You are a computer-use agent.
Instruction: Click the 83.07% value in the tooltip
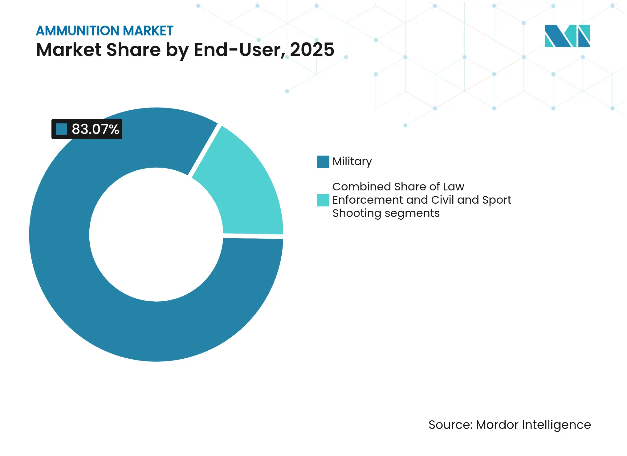pyautogui.click(x=95, y=129)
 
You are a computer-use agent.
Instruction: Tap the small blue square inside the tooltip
pyautogui.click(x=61, y=129)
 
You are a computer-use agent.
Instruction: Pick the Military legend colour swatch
pyautogui.click(x=323, y=161)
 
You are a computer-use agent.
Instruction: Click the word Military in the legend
pyautogui.click(x=352, y=161)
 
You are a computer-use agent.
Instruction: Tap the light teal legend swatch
pyautogui.click(x=323, y=200)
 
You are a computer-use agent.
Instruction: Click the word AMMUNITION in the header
pyautogui.click(x=78, y=31)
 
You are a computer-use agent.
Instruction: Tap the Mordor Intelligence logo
pyautogui.click(x=567, y=36)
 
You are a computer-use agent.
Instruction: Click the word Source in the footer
pyautogui.click(x=450, y=425)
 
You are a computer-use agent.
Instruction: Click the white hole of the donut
pyautogui.click(x=156, y=234)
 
